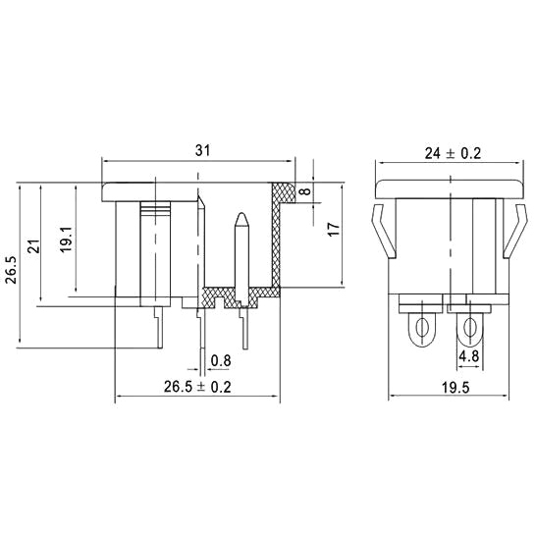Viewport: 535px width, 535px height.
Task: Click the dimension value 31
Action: click(x=203, y=150)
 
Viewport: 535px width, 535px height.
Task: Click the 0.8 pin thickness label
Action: click(x=222, y=360)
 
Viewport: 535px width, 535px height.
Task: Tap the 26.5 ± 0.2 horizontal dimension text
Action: click(x=196, y=388)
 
